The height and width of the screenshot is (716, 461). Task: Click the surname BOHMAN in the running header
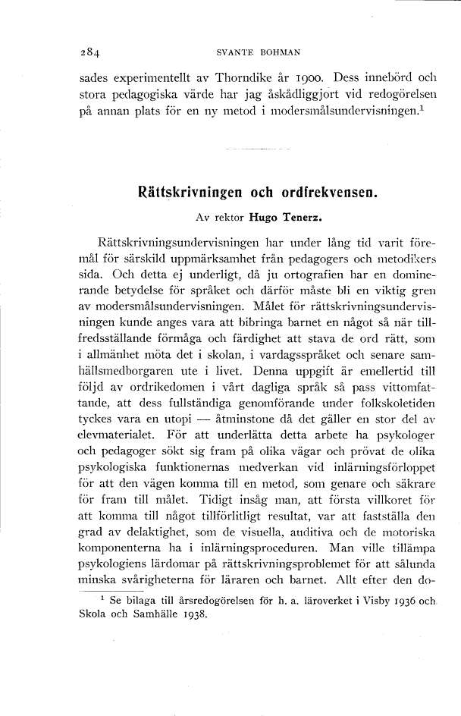click(x=280, y=52)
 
